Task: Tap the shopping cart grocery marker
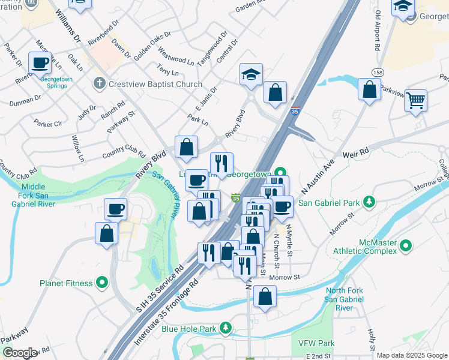(x=415, y=101)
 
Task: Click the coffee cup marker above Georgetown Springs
(x=41, y=62)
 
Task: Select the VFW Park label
(x=316, y=344)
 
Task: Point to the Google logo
(x=20, y=353)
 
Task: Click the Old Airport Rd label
(x=377, y=29)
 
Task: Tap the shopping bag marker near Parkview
(x=370, y=90)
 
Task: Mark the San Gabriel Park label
(x=328, y=202)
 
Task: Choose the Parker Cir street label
(x=48, y=124)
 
